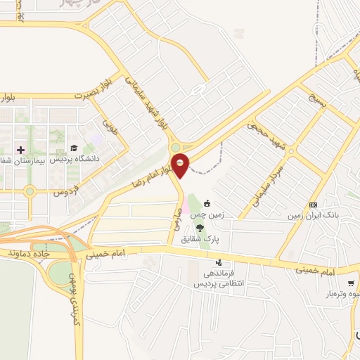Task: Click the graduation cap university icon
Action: (73, 148)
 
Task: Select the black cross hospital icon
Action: (20, 150)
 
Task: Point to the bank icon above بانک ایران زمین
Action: (313, 204)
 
